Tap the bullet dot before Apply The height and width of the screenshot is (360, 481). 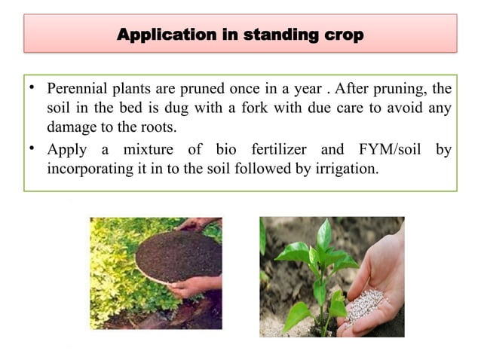pyautogui.click(x=33, y=148)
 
